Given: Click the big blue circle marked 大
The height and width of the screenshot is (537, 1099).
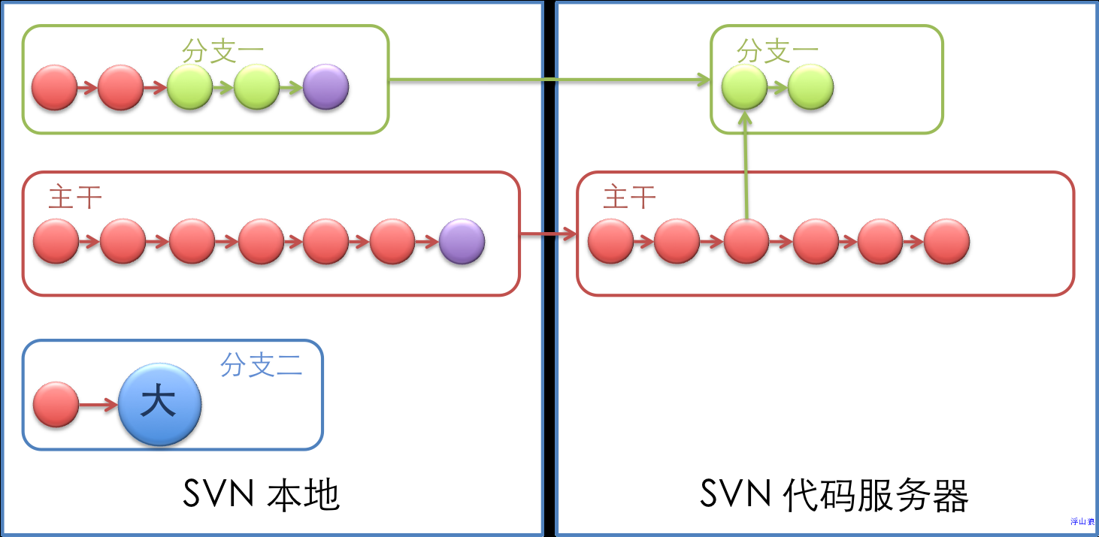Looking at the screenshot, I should tap(160, 404).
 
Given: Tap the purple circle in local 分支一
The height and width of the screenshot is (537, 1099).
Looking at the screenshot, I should tap(325, 87).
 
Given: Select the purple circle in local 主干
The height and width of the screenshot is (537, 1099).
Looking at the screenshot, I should tap(462, 241).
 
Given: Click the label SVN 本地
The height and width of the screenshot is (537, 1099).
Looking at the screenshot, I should tap(262, 495).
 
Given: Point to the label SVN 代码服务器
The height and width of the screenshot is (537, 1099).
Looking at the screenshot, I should tap(834, 495).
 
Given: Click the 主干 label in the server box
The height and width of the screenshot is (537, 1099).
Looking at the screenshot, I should tap(630, 198).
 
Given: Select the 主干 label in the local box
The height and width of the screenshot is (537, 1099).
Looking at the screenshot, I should tap(75, 198).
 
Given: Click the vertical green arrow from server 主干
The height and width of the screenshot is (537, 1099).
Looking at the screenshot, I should tap(745, 165).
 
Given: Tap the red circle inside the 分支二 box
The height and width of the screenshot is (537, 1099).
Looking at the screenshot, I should tap(56, 404).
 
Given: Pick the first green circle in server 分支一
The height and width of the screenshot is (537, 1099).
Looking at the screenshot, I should tap(744, 87).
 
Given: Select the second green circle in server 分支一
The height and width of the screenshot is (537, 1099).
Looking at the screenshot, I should tap(810, 87).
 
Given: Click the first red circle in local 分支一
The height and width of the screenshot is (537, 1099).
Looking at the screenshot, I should tap(54, 87).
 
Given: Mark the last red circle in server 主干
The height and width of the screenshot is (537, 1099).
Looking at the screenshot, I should tap(946, 241).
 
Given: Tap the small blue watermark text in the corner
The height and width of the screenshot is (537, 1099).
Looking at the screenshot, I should tap(1082, 521).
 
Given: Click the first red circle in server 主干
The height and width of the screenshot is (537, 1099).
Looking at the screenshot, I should tap(610, 241).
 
